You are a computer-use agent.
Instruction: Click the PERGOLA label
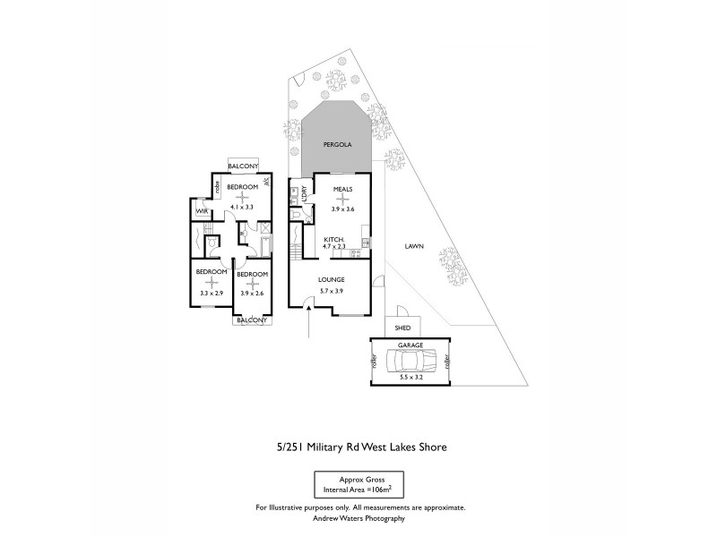(x=337, y=144)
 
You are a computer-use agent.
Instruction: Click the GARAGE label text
(x=411, y=345)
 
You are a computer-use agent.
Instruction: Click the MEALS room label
(x=342, y=190)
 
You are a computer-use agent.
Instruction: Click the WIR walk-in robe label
(x=202, y=212)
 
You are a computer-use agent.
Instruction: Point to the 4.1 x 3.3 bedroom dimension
(x=240, y=207)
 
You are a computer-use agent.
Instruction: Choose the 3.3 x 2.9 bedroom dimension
(x=210, y=293)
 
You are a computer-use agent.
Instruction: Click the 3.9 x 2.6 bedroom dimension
(x=252, y=293)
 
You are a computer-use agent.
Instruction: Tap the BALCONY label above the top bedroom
(x=243, y=166)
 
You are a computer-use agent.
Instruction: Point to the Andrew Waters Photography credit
(x=360, y=518)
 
